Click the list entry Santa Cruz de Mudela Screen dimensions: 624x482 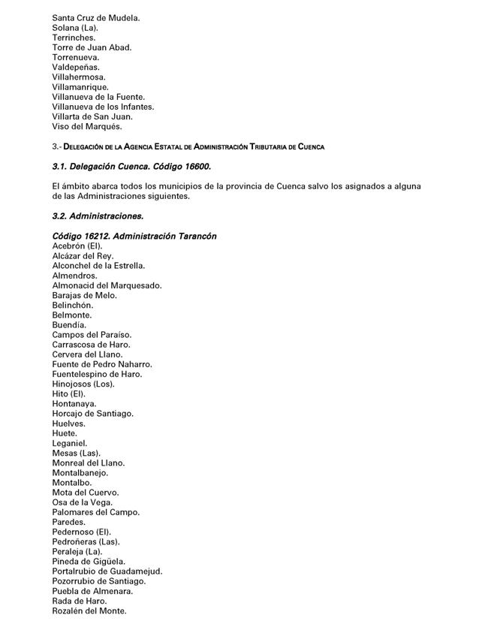click(x=96, y=17)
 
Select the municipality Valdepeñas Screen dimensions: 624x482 click(x=76, y=67)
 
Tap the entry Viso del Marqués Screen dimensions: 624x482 click(x=87, y=126)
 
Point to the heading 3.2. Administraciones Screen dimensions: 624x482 click(x=98, y=216)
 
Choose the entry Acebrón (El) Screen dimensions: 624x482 click(x=77, y=246)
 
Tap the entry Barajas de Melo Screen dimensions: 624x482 click(x=85, y=295)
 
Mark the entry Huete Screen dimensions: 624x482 click(x=65, y=433)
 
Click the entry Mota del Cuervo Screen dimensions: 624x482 click(x=86, y=493)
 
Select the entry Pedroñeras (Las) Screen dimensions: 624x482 click(x=86, y=541)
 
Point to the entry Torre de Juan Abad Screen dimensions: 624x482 click(x=92, y=47)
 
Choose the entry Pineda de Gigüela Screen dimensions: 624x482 click(x=89, y=561)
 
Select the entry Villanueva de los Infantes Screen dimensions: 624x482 click(x=103, y=107)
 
